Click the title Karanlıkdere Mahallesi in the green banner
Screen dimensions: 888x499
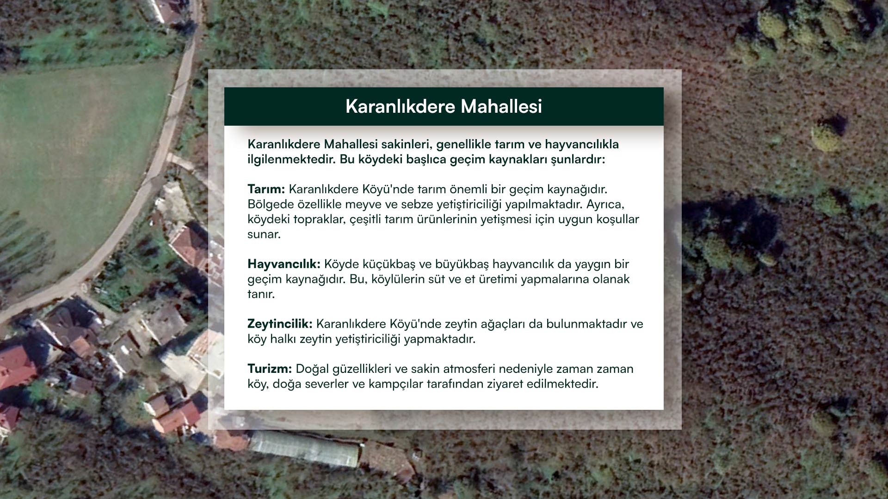[444, 106]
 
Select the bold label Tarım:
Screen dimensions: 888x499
[266, 189]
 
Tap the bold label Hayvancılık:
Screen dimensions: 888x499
[284, 264]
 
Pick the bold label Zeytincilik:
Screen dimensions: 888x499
[280, 324]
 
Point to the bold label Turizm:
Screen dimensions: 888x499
[270, 369]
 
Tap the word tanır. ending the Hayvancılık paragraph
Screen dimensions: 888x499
[261, 294]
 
